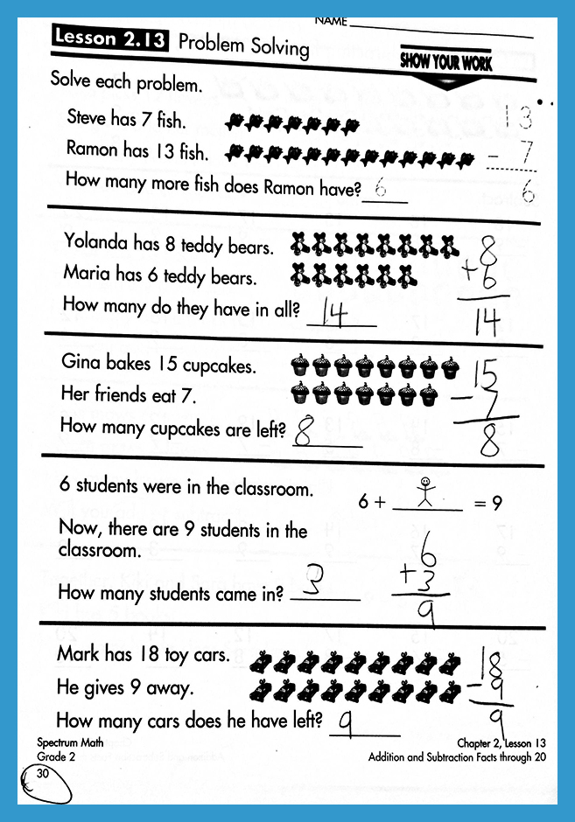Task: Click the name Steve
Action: tap(87, 118)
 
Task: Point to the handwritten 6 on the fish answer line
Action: tap(380, 187)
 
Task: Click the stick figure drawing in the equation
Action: tap(424, 492)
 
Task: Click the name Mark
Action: tap(77, 653)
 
